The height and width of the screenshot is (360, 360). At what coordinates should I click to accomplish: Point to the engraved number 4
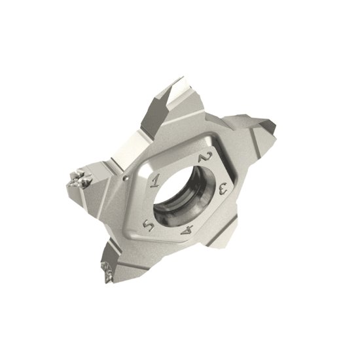pyautogui.click(x=189, y=230)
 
